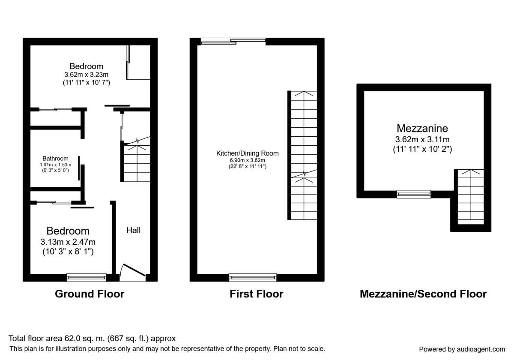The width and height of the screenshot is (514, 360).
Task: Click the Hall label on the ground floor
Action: (x=133, y=230)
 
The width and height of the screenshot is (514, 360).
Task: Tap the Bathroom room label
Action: (x=55, y=159)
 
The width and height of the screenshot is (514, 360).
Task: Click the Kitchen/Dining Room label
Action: (x=248, y=153)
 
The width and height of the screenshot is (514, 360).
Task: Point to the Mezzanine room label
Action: (x=422, y=128)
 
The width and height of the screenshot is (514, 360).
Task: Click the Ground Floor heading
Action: (x=90, y=294)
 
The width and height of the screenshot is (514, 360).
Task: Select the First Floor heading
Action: (x=256, y=294)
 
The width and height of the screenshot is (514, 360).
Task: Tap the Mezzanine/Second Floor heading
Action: (x=423, y=294)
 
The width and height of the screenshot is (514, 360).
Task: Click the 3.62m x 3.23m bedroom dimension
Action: (x=86, y=75)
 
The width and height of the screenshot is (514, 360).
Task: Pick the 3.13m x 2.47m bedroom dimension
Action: (x=68, y=242)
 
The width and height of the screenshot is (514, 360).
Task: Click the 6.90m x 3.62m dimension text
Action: (x=248, y=160)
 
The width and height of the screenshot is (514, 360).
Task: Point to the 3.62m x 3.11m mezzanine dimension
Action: (x=422, y=139)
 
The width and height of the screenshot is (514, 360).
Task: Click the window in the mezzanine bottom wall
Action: (x=414, y=194)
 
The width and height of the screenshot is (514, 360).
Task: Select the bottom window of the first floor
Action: (x=253, y=278)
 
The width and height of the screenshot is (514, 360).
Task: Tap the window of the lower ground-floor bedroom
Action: (x=87, y=278)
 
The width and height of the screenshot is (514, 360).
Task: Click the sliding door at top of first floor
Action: (x=233, y=41)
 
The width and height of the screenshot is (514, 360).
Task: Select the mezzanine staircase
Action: (x=471, y=197)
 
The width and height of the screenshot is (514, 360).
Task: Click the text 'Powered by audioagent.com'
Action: (x=462, y=349)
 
